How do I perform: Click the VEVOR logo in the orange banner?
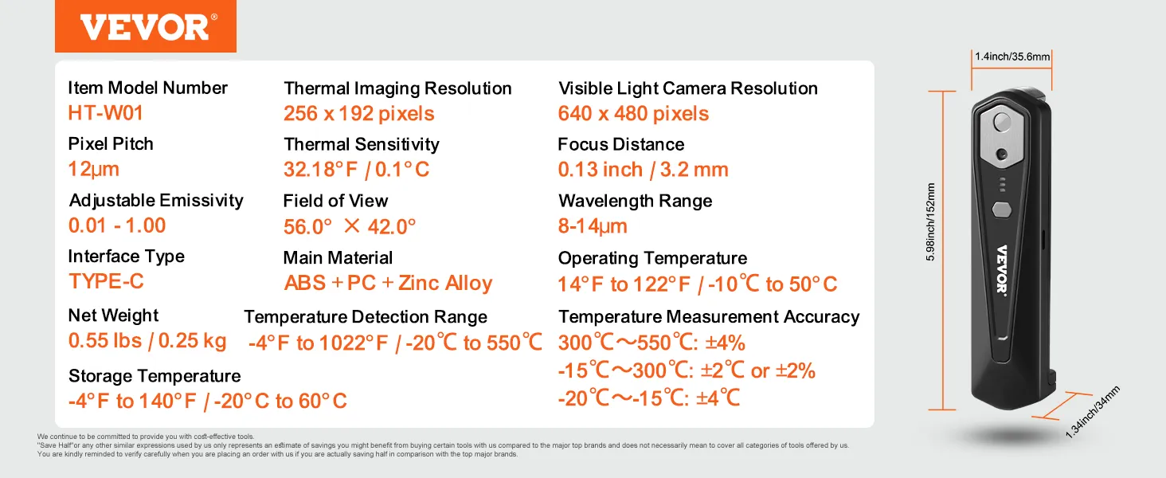click(x=145, y=27)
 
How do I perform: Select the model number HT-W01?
click(x=106, y=113)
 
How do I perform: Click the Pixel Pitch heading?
click(x=111, y=144)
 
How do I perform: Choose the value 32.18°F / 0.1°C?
click(x=356, y=170)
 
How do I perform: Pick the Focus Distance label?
click(x=620, y=145)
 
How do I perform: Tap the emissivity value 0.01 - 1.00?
click(x=117, y=225)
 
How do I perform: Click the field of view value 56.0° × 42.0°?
click(x=350, y=227)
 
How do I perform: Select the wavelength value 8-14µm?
click(x=593, y=226)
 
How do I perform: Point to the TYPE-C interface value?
click(x=106, y=281)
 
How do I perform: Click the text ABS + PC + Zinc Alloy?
click(x=388, y=284)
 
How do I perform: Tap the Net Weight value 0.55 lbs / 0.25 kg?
click(x=147, y=341)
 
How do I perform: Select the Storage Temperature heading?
click(x=155, y=376)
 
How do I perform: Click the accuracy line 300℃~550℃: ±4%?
click(x=651, y=343)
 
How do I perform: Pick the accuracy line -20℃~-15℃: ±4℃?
click(x=649, y=398)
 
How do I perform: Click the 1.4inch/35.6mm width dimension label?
click(x=1012, y=57)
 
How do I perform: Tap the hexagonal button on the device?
click(x=1002, y=210)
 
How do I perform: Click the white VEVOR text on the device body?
click(x=1002, y=268)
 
